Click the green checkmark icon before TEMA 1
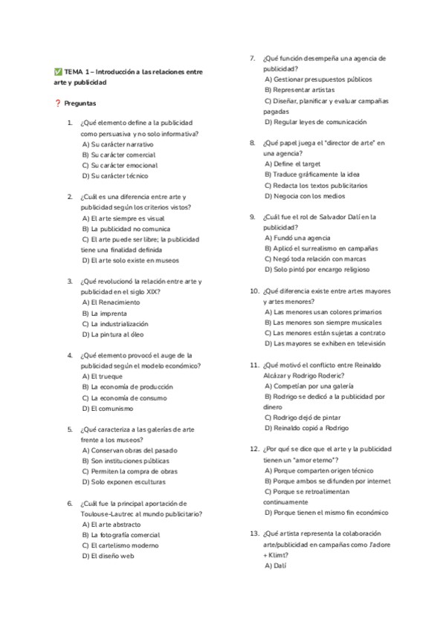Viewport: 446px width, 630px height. pyautogui.click(x=58, y=71)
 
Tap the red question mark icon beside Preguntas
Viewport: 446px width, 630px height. pyautogui.click(x=58, y=103)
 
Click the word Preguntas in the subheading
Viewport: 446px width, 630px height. pyautogui.click(x=80, y=103)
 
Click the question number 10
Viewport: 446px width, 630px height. pyautogui.click(x=254, y=291)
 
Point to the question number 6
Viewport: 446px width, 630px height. pyautogui.click(x=69, y=503)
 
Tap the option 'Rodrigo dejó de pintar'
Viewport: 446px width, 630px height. pyautogui.click(x=307, y=418)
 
